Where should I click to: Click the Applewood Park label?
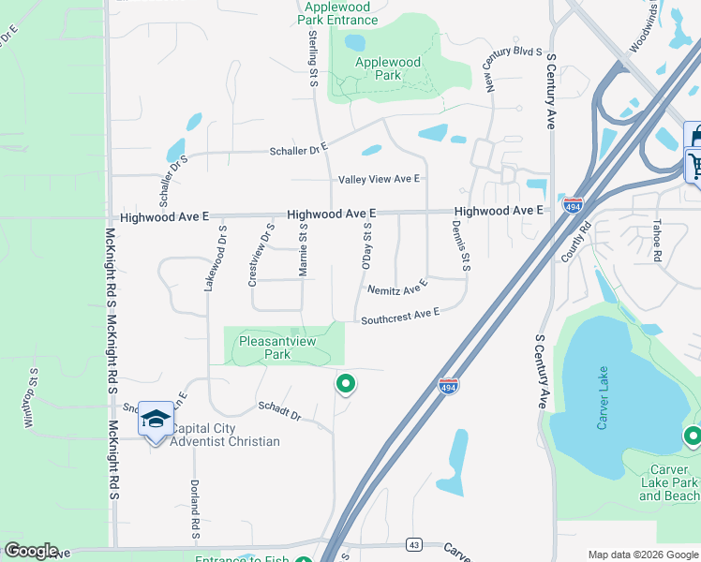point(387,69)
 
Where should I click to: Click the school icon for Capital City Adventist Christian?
point(157,419)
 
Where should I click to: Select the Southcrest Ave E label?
point(400,316)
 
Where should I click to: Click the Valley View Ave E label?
point(379,179)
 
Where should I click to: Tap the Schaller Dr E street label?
point(298,148)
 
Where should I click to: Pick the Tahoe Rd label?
point(658,242)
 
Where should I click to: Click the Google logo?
point(30,551)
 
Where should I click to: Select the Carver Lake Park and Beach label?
point(669,482)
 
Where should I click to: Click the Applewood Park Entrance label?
point(338,13)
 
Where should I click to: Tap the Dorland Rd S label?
point(194,509)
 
